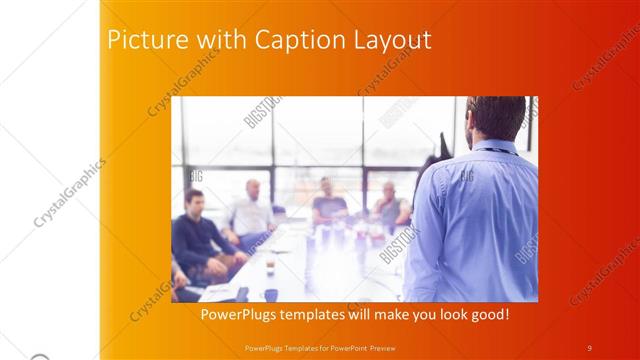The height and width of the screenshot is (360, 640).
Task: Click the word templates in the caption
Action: click(319, 314)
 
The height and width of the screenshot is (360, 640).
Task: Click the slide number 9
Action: click(589, 347)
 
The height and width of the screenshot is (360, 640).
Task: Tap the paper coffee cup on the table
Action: click(271, 262)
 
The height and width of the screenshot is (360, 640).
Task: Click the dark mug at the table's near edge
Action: click(271, 294)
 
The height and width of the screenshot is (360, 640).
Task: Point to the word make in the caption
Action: click(382, 314)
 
